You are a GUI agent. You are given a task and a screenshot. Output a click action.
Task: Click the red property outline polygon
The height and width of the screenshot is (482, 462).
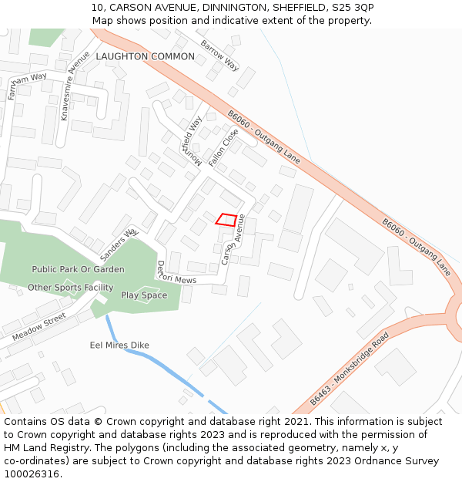226,219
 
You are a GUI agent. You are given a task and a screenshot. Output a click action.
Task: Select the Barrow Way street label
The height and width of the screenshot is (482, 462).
219,51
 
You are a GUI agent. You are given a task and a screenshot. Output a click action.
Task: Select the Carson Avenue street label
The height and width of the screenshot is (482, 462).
233,239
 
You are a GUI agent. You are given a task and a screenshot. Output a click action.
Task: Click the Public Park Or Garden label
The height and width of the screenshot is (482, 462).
78,269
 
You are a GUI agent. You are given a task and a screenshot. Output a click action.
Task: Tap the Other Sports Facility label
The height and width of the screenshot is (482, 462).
71,288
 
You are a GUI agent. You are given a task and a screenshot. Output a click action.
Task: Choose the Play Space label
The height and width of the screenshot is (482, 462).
144,295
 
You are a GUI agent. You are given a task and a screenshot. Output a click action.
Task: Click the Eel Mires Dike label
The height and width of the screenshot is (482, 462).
119,345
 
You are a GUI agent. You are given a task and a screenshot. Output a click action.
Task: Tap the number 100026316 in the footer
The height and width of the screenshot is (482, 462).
31,474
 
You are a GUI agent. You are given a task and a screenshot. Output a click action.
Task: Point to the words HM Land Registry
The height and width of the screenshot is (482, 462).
40,447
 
